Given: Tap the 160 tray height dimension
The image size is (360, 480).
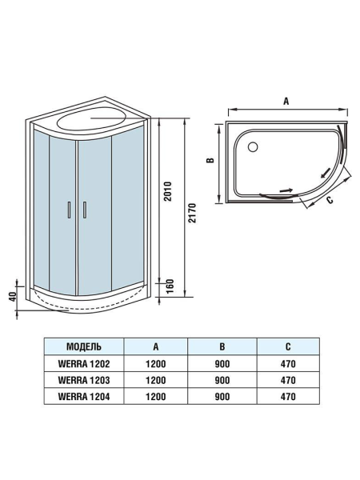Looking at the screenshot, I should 167,285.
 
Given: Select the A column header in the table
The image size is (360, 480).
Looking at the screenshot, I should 155,347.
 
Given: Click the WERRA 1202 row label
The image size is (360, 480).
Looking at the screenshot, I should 84,363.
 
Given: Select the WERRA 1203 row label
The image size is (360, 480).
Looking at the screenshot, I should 84,379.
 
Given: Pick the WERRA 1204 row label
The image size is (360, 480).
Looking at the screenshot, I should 84,395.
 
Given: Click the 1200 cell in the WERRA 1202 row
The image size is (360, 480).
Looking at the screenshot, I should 155,363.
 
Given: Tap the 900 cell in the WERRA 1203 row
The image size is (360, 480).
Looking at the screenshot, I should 222,379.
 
